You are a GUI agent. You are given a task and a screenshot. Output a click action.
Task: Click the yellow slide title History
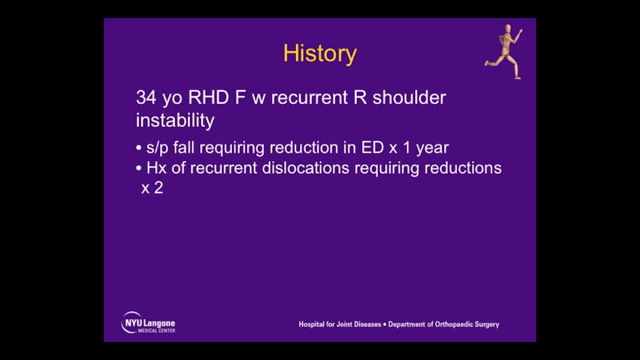pyautogui.click(x=319, y=53)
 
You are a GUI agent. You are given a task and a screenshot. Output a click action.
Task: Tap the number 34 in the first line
pyautogui.click(x=146, y=97)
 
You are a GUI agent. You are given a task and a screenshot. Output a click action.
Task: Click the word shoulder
pyautogui.click(x=409, y=97)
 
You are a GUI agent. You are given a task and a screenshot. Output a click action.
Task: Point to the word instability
pyautogui.click(x=175, y=120)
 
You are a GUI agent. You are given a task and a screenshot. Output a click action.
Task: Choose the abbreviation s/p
pyautogui.click(x=157, y=148)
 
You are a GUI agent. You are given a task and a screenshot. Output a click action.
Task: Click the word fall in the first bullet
pyautogui.click(x=184, y=147)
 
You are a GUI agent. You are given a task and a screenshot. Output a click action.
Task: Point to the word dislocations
pyautogui.click(x=305, y=168)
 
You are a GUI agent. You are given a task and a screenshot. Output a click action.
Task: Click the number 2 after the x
pyautogui.click(x=158, y=188)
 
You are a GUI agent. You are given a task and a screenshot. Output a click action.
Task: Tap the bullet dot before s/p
pyautogui.click(x=139, y=148)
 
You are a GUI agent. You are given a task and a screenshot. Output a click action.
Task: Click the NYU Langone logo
pyautogui.click(x=148, y=323)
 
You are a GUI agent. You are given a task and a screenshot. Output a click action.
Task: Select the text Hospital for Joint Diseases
pyautogui.click(x=339, y=324)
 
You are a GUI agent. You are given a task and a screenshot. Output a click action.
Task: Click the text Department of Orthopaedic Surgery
pyautogui.click(x=443, y=324)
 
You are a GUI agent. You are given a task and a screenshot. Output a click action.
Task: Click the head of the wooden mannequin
pyautogui.click(x=508, y=29)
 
